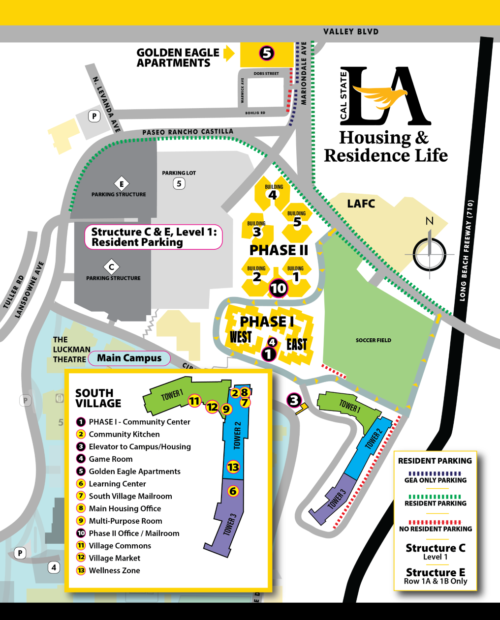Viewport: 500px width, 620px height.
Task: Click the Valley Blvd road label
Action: pos(351,32)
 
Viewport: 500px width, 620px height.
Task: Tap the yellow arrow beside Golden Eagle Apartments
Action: pos(229,53)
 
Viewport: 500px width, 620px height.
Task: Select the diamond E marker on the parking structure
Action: pos(122,184)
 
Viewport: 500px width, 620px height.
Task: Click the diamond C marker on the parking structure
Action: pos(112,267)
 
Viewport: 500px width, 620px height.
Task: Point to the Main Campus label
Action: pos(129,358)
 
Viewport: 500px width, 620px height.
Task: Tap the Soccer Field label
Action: pos(373,340)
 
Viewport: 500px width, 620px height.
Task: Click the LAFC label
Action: pos(361,204)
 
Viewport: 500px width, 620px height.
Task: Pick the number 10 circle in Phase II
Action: pos(278,288)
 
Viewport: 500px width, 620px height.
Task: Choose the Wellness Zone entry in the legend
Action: pos(114,570)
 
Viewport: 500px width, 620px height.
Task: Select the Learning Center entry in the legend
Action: pos(117,484)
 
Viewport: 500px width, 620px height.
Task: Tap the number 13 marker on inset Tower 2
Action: pos(233,467)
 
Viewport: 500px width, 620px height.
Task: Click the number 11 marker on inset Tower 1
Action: pos(194,401)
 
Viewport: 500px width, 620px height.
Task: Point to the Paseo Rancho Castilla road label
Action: pos(187,132)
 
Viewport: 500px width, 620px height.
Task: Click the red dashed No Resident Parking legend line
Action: pos(435,522)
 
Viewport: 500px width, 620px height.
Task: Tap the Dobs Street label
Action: pos(266,74)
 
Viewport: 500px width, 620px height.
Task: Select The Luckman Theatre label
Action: pos(71,350)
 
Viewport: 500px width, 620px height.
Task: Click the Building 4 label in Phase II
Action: pos(273,192)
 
